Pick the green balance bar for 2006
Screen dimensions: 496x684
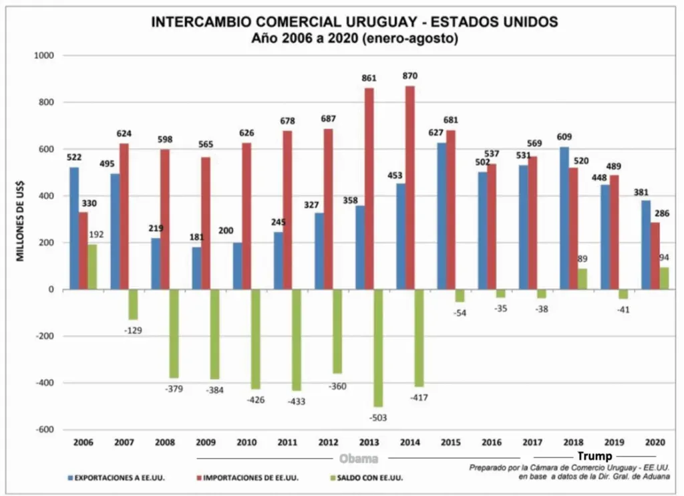(92, 267)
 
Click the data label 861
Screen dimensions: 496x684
(369, 78)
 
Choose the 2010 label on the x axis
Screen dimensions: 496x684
(246, 443)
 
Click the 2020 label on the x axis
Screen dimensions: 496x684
(654, 443)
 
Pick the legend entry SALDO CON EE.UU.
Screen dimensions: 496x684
(367, 478)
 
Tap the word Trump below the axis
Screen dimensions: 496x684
(594, 457)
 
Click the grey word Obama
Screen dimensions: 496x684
(359, 459)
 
